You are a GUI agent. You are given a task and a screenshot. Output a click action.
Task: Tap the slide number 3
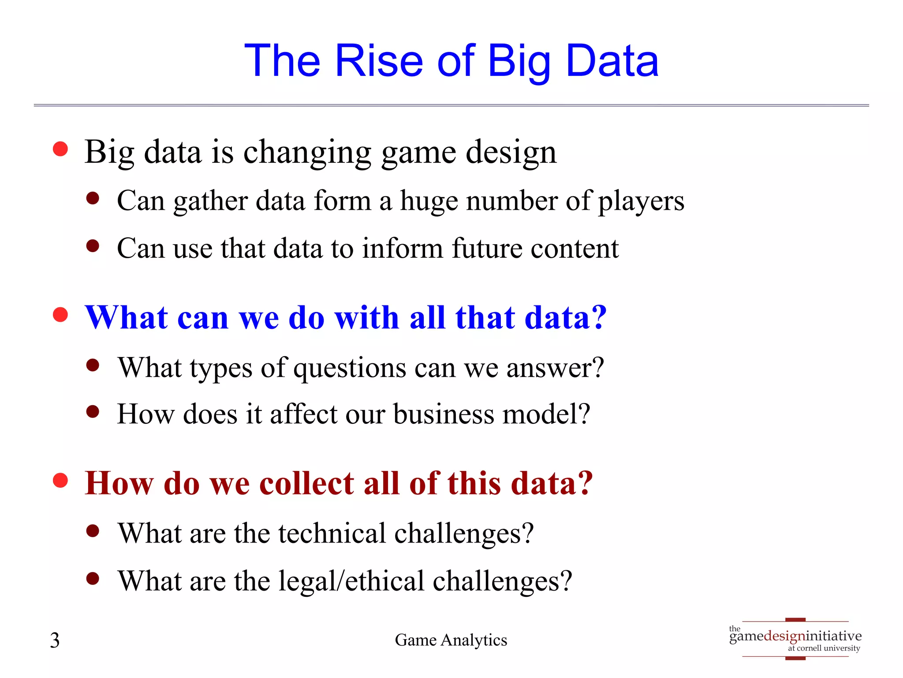pos(55,640)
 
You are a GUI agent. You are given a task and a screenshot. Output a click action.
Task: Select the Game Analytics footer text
pos(451,640)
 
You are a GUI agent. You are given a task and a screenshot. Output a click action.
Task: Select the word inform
pos(402,248)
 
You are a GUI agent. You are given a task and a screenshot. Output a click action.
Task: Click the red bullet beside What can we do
pos(60,315)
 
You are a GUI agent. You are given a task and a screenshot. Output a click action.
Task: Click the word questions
pos(350,368)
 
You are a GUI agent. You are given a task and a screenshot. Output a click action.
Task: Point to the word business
pos(444,414)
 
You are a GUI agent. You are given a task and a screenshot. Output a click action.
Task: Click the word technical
pos(332,533)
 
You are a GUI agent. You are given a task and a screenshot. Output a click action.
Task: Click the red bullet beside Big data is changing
pos(60,149)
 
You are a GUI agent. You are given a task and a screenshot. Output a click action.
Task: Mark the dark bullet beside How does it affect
pos(93,412)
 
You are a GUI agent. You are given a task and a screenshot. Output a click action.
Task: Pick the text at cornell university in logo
pos(824,648)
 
